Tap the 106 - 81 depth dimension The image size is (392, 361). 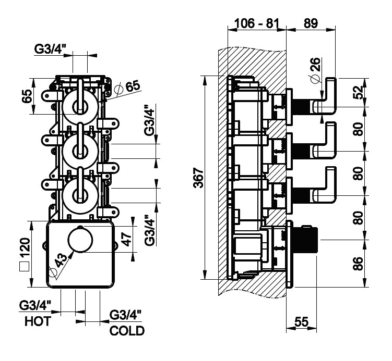pos(256,23)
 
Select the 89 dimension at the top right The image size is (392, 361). pos(310,23)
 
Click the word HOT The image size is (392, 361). pos(38,321)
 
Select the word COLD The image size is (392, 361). pos(127,330)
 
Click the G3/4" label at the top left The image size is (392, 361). pos(51,49)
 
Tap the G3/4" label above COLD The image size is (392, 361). pos(126,315)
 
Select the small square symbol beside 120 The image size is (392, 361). pos(24,268)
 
